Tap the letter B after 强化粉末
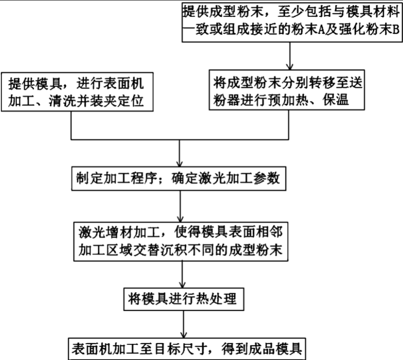tap(395, 32)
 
